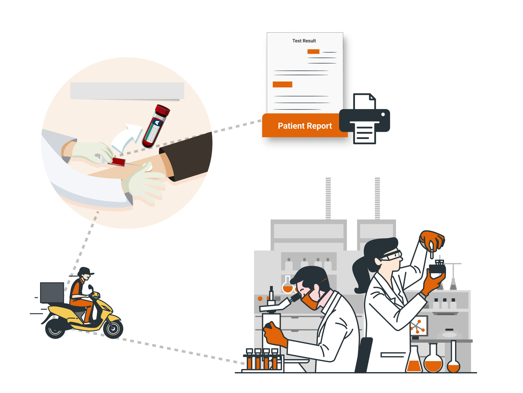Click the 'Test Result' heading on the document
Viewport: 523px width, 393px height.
click(x=304, y=41)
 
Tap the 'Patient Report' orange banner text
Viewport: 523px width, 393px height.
click(x=305, y=126)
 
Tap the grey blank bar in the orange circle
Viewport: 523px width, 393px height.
click(x=127, y=91)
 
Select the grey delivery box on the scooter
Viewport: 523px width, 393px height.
click(x=52, y=292)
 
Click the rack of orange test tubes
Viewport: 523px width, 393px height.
click(x=263, y=361)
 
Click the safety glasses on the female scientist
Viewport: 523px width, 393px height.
click(x=392, y=256)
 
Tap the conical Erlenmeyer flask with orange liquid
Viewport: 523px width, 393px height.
click(x=414, y=361)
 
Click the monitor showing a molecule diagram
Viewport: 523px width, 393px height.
click(x=419, y=326)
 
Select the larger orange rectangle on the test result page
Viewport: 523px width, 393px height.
click(x=282, y=84)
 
